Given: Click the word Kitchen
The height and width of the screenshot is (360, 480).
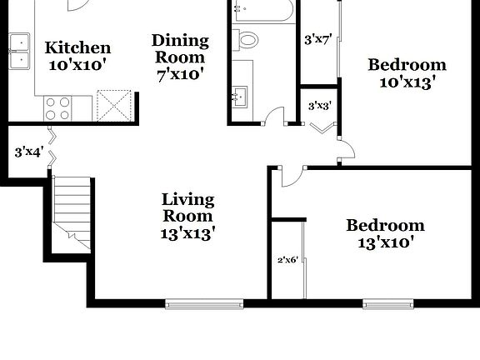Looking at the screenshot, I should (x=77, y=47).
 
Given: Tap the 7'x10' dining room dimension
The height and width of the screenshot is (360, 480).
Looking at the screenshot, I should (x=178, y=73).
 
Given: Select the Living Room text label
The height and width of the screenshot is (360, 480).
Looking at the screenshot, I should (x=187, y=207).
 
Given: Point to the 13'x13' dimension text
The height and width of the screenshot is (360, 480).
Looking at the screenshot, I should (x=187, y=234).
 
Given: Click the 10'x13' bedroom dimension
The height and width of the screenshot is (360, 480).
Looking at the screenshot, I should (x=407, y=82).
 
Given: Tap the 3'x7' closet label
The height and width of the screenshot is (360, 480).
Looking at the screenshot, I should (x=318, y=38).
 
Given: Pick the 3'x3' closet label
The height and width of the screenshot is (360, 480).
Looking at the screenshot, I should (x=318, y=106).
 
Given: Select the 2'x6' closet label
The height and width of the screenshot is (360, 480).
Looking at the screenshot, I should (x=287, y=259).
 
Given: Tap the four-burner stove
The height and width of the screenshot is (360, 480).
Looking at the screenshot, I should (x=57, y=107).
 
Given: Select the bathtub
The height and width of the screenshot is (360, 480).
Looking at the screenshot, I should (x=262, y=11).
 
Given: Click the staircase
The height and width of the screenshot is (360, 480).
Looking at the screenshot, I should (x=69, y=210).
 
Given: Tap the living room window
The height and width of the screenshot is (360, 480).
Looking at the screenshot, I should (x=204, y=302).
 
